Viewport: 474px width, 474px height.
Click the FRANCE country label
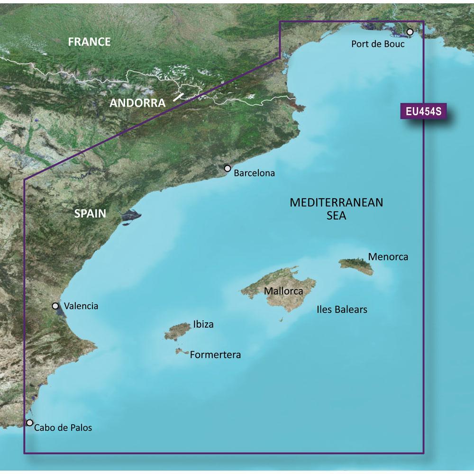pos(89,42)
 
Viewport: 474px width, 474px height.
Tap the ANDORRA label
pos(137,102)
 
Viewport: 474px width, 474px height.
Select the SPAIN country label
pos(90,214)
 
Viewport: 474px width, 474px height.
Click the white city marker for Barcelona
pos(228,168)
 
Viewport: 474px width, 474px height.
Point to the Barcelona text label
pos(255,173)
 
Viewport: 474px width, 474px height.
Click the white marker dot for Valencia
pos(55,306)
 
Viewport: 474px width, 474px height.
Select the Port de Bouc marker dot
pos(410,32)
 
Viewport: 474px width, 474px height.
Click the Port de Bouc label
pos(378,44)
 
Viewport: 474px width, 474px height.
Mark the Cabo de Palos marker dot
pos(30,422)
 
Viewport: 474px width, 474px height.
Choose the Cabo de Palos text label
pos(64,428)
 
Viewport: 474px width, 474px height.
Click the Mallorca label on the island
pos(283,291)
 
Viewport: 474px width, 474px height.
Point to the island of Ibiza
pos(176,331)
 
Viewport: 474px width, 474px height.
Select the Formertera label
pos(215,355)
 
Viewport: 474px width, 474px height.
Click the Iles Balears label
pos(342,310)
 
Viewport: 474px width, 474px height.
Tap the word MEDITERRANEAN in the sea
pos(336,202)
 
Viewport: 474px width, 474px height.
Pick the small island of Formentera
pos(180,351)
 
